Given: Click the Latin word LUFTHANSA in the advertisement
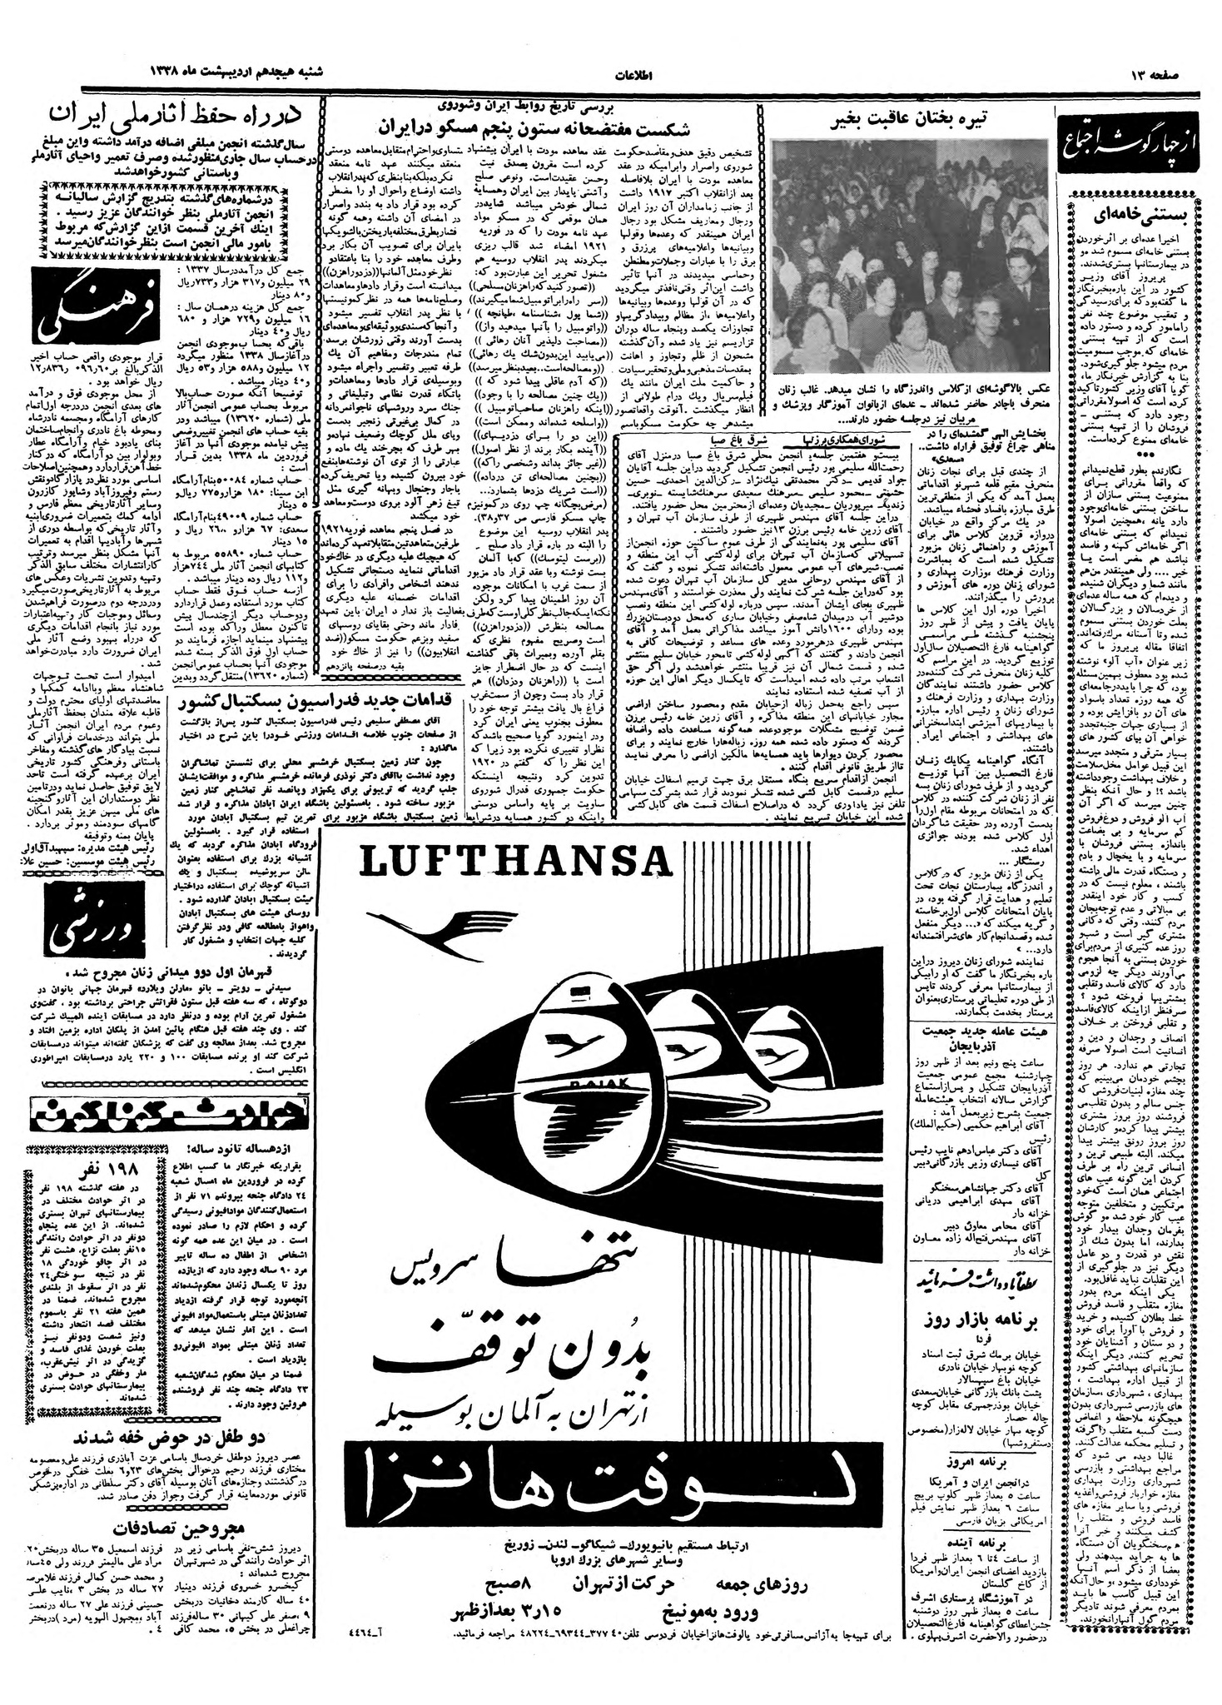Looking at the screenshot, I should point(516,863).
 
